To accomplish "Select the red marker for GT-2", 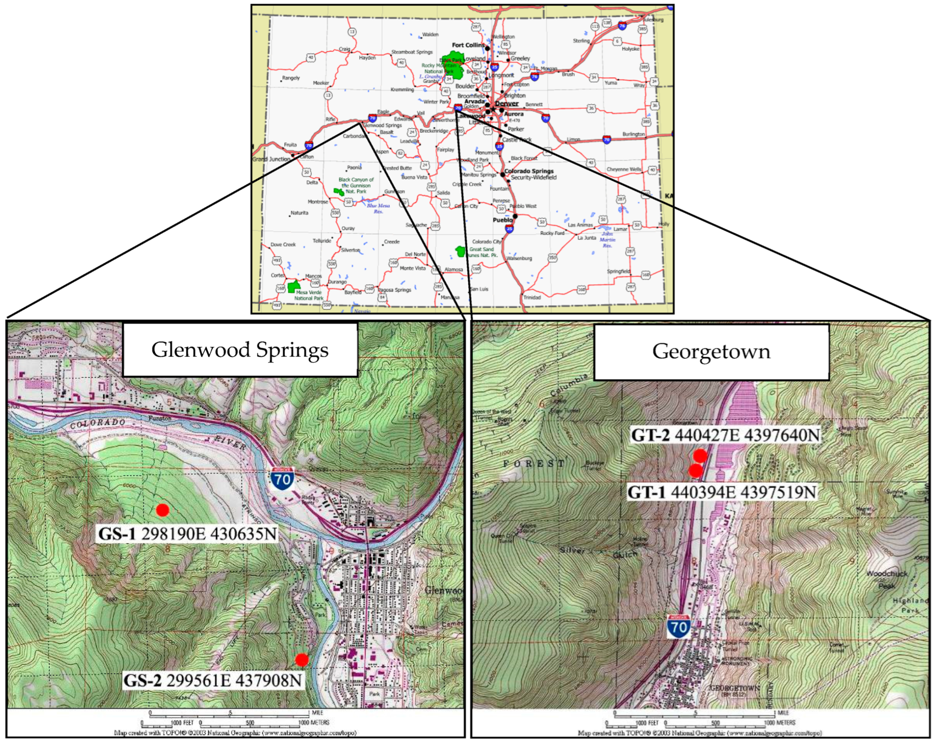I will tap(700, 456).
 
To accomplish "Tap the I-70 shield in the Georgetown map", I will tap(679, 627).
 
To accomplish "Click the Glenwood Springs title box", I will tap(240, 350).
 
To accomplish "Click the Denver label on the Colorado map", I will tap(507, 104).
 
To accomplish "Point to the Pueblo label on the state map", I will tap(502, 220).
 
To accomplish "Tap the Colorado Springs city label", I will tap(529, 171).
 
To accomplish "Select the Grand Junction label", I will tap(271, 159).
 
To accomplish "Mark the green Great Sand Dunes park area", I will tap(460, 251).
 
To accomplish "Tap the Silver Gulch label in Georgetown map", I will tap(598, 552).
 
